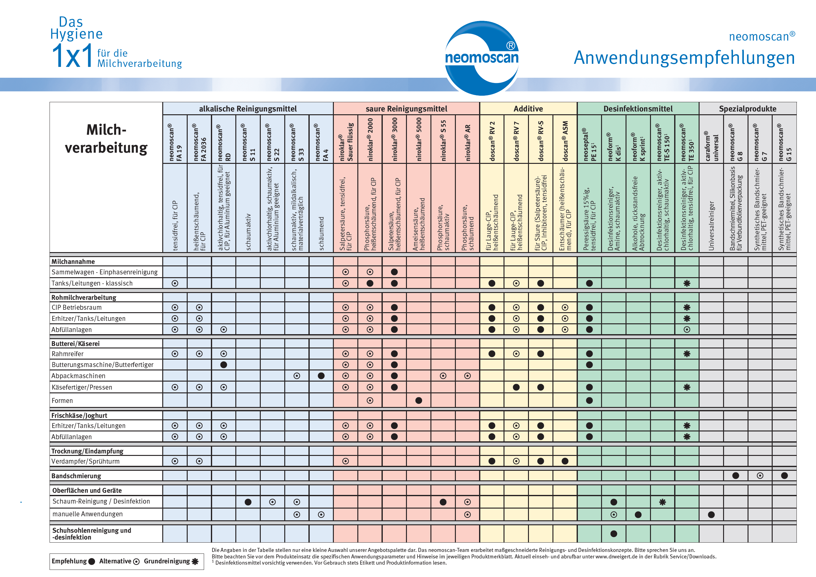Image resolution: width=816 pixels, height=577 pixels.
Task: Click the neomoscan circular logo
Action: pyautogui.click(x=482, y=58)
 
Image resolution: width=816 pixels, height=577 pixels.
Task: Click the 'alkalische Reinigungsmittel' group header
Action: pyautogui.click(x=248, y=109)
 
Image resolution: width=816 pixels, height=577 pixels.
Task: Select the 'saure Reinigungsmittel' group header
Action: pyautogui.click(x=407, y=109)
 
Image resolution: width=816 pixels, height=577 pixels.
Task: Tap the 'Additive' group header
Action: pyautogui.click(x=528, y=109)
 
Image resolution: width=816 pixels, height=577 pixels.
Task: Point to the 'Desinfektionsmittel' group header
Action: pyautogui.click(x=638, y=109)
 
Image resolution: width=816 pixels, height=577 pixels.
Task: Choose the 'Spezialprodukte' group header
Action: pyautogui.click(x=748, y=109)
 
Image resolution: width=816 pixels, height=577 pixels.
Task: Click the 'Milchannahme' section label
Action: pyautogui.click(x=73, y=262)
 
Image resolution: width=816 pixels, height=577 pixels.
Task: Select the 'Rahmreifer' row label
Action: pyautogui.click(x=68, y=354)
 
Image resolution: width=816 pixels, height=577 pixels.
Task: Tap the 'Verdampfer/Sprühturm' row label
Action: pyautogui.click(x=86, y=461)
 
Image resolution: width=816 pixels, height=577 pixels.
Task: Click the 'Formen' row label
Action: pyautogui.click(x=62, y=401)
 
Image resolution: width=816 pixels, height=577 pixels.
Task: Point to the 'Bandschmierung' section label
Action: pyautogui.click(x=76, y=476)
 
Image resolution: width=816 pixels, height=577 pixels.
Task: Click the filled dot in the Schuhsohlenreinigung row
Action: pyautogui.click(x=614, y=534)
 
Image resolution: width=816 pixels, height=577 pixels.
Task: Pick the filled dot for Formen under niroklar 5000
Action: pyautogui.click(x=419, y=401)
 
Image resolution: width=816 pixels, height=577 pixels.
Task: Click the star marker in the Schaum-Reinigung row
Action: pyautogui.click(x=662, y=502)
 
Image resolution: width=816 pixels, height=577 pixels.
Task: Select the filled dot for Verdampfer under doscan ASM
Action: pyautogui.click(x=565, y=461)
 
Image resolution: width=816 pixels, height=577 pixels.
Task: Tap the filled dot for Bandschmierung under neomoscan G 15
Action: pyautogui.click(x=785, y=476)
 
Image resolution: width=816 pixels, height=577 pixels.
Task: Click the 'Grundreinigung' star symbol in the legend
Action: pyautogui.click(x=195, y=561)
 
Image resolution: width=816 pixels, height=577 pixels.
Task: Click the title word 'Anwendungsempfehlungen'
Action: pyautogui.click(x=684, y=58)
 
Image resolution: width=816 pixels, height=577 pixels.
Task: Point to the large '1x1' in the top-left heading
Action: pyautogui.click(x=72, y=56)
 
